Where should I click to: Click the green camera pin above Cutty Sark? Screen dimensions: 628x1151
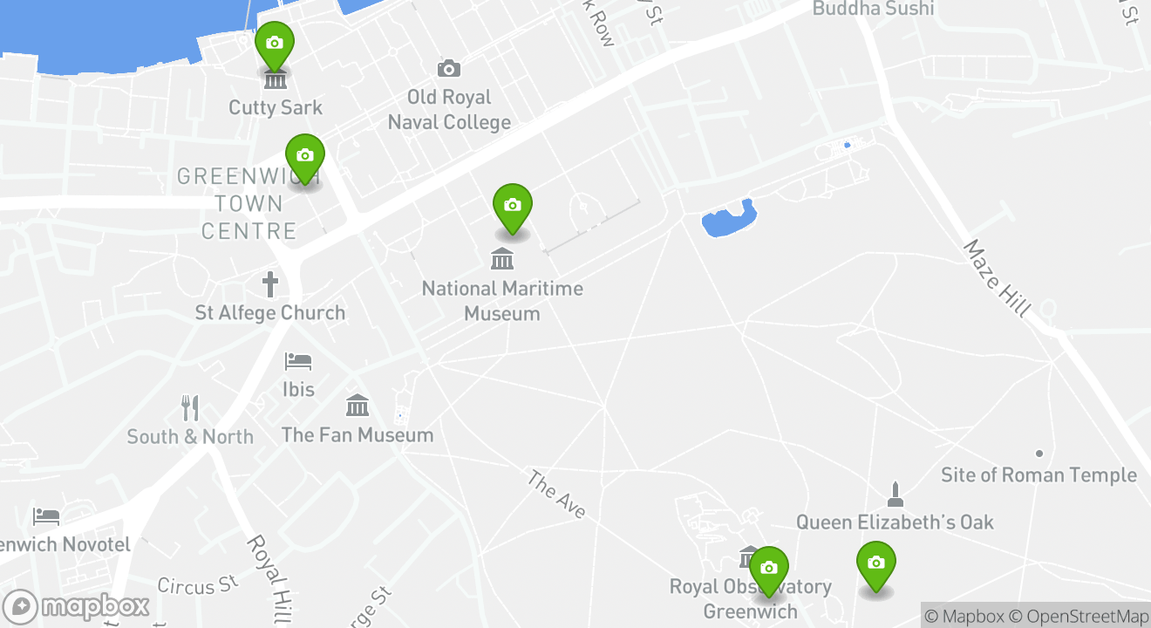(x=274, y=44)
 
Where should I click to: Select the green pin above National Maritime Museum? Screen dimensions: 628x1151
(x=513, y=207)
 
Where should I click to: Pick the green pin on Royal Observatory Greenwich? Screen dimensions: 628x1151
(x=768, y=570)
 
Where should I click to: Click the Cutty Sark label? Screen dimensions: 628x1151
(x=276, y=108)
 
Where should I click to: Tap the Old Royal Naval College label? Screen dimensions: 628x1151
(x=449, y=109)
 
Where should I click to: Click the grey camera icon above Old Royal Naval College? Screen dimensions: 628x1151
(x=449, y=68)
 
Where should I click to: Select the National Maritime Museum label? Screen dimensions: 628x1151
(x=502, y=301)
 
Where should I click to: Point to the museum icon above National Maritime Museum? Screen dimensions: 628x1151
(x=502, y=259)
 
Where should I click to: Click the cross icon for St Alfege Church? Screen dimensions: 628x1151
(x=270, y=284)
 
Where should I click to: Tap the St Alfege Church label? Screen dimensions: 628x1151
(x=270, y=313)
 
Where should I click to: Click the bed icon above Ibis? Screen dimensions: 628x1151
(x=298, y=361)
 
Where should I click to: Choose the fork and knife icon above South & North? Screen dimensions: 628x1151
(x=190, y=407)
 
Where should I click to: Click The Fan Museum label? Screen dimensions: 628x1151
(x=358, y=434)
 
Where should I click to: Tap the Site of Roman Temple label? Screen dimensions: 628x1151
(x=1039, y=475)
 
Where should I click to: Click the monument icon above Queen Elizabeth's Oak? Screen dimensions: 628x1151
(x=894, y=495)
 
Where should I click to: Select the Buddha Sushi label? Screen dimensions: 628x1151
(x=873, y=9)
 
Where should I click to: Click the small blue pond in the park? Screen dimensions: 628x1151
(x=729, y=219)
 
